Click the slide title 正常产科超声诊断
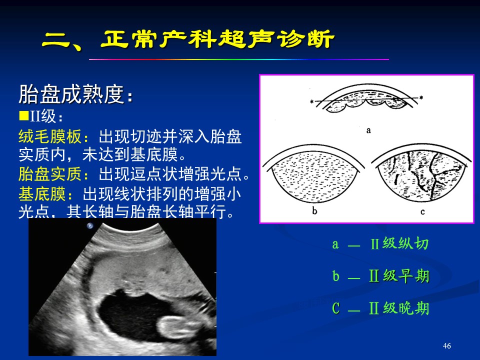[217, 39]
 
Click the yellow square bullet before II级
[23, 115]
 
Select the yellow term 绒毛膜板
[50, 136]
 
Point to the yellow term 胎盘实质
[50, 174]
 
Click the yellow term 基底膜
[42, 194]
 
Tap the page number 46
[446, 345]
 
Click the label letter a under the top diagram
[368, 130]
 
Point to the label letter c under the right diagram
[422, 211]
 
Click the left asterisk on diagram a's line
[311, 101]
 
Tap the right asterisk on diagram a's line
[421, 97]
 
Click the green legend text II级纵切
[399, 243]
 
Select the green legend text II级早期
[399, 276]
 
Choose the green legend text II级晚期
[399, 308]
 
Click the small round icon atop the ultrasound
[90, 226]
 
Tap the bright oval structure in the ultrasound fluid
[176, 327]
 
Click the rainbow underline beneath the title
[239, 59]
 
